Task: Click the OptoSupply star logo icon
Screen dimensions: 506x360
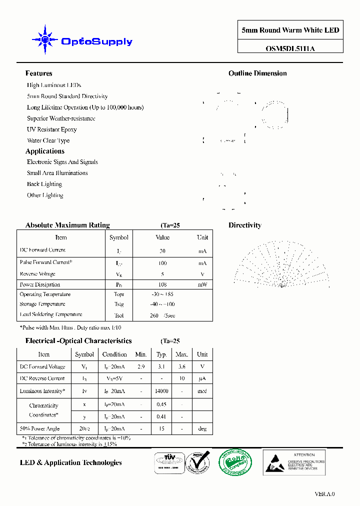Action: (x=45, y=39)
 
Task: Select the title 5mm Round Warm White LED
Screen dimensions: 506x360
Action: (x=290, y=30)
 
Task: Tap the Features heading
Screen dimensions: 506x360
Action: (x=38, y=73)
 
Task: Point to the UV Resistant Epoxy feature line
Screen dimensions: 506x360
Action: (x=52, y=129)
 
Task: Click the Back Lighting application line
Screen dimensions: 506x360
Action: (x=44, y=184)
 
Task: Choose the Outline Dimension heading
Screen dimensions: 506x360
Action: (x=257, y=73)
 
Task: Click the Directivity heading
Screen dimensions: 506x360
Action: (x=245, y=225)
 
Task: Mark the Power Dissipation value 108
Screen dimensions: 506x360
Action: (x=162, y=284)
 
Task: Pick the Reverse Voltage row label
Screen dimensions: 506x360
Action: (x=37, y=274)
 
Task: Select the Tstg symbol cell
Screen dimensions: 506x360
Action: (x=118, y=304)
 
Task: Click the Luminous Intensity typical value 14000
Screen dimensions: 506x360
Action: (x=161, y=391)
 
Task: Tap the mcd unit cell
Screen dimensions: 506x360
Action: (x=202, y=391)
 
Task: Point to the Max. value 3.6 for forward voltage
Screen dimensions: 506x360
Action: (x=181, y=366)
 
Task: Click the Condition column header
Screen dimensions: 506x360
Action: (x=114, y=354)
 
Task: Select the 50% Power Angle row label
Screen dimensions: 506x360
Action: (x=39, y=428)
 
